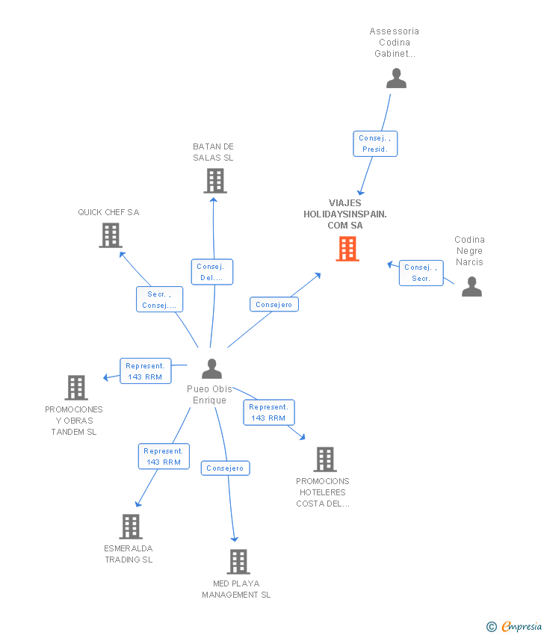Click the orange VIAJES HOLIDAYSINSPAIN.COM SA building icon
[347, 249]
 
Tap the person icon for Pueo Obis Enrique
[212, 369]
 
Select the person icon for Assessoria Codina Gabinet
[396, 78]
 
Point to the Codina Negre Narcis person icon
[472, 287]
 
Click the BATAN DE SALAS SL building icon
[215, 181]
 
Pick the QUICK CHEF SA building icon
[111, 235]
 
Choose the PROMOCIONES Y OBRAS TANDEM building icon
[76, 388]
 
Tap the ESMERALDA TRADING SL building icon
[131, 527]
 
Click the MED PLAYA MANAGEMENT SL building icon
[238, 562]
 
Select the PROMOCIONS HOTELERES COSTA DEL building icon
[324, 459]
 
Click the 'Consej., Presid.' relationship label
[375, 143]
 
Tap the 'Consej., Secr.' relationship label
[421, 273]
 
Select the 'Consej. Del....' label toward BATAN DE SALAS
[212, 272]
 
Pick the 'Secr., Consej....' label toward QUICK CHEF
[159, 300]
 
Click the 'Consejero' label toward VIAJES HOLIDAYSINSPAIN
[273, 305]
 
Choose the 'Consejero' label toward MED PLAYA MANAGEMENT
[225, 468]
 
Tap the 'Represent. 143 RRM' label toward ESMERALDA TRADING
[164, 456]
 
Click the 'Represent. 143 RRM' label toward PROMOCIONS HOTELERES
[269, 412]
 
